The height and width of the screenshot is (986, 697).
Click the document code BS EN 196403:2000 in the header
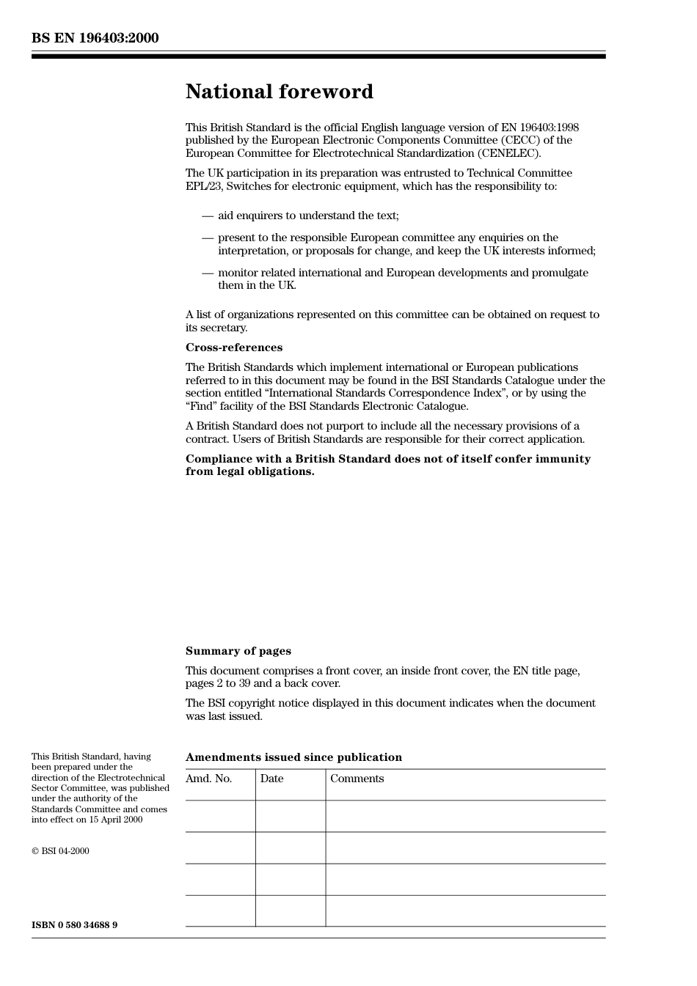95,38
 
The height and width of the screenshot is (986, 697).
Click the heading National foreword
279,92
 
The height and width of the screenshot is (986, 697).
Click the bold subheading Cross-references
233,347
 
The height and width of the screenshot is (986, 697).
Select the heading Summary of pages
238,651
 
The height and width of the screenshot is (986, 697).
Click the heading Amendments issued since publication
293,757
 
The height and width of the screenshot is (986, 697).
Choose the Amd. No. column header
208,779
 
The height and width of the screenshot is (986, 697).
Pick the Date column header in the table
271,779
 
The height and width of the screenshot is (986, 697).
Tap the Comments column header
357,779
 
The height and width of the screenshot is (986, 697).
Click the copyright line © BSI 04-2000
60,851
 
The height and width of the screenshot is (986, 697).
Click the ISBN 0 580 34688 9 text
74,925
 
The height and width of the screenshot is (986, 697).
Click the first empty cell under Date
290,816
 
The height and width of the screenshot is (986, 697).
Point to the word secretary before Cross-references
225,328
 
